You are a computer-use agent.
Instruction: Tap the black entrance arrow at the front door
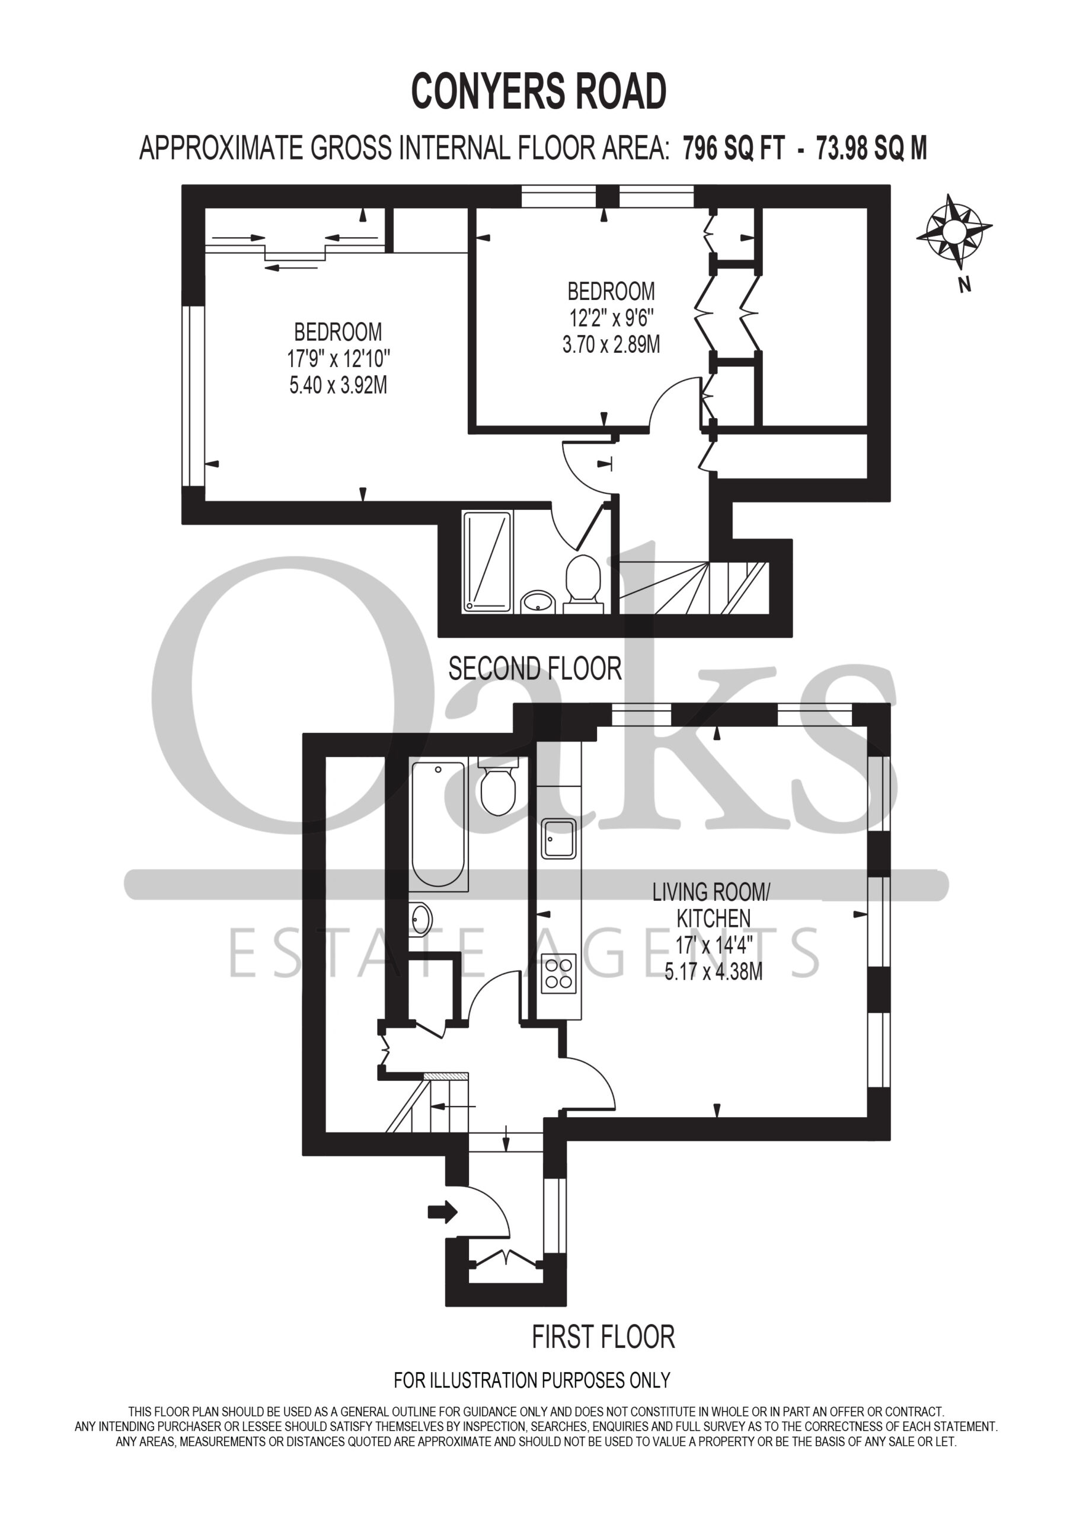coord(443,1211)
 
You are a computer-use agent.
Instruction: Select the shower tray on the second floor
coord(487,562)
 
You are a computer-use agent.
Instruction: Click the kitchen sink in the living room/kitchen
coord(558,838)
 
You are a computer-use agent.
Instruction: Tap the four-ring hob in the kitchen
coord(558,974)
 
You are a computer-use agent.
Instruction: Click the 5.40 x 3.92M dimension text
coord(338,385)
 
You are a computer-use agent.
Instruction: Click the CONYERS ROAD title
coord(539,91)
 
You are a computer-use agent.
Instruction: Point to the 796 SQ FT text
coord(733,148)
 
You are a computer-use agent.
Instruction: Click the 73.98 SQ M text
coord(871,148)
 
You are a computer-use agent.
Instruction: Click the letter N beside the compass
coord(965,286)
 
